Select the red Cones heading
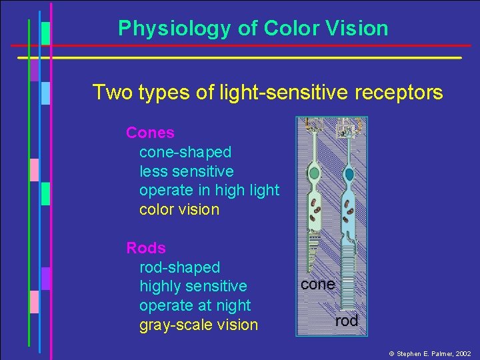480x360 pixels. point(150,133)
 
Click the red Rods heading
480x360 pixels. point(146,248)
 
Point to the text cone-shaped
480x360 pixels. point(185,152)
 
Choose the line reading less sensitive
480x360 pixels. point(187,171)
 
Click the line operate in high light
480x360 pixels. point(209,190)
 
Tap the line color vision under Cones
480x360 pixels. point(179,209)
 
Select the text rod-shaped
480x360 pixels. point(179,267)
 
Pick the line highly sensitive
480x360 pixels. point(193,286)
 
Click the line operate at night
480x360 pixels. point(195,305)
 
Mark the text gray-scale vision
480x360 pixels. point(198,325)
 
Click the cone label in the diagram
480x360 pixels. point(317,284)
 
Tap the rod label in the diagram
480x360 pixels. point(346,321)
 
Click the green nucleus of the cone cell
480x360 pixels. point(314,175)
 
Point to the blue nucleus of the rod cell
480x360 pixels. point(349,175)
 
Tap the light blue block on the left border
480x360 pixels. point(45,93)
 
